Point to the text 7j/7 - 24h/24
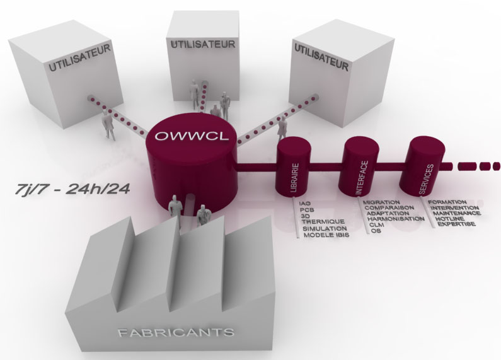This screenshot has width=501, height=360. (x=70, y=188)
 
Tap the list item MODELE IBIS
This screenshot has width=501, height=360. (x=325, y=235)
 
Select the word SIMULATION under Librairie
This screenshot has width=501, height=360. (x=325, y=228)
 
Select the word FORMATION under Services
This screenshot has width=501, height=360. (x=448, y=202)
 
